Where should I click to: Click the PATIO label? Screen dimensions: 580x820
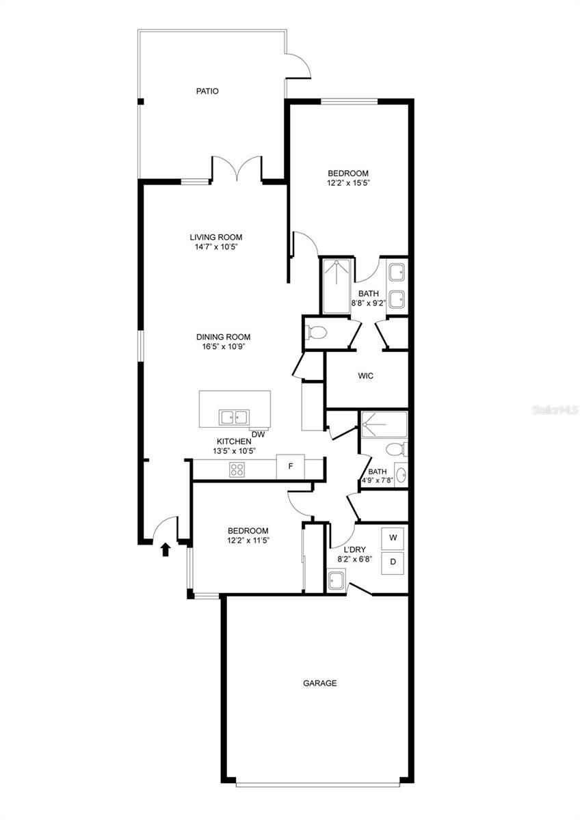(x=207, y=91)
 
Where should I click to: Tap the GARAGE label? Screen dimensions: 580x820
(x=319, y=683)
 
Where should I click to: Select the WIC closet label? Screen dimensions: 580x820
(x=366, y=376)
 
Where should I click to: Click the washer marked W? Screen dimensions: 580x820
(x=393, y=538)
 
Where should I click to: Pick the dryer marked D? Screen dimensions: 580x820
(x=393, y=563)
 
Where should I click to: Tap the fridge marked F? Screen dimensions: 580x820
(x=290, y=466)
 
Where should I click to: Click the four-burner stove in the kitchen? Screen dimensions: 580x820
(x=237, y=469)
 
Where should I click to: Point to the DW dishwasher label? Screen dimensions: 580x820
(x=259, y=435)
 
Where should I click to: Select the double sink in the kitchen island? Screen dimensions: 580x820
(x=234, y=418)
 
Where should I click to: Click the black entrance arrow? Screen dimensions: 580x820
(x=166, y=549)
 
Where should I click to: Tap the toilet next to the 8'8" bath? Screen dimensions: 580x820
(x=316, y=332)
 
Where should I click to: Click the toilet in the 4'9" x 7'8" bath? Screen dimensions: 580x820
(x=397, y=449)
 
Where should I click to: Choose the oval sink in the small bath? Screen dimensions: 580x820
(x=401, y=475)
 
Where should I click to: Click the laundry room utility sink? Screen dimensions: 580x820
(x=337, y=579)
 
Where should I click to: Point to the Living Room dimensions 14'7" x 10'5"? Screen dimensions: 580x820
(x=216, y=247)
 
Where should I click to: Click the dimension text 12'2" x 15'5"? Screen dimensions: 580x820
(x=347, y=182)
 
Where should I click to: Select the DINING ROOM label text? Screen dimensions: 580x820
(x=223, y=337)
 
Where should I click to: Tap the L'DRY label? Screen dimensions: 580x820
(x=354, y=549)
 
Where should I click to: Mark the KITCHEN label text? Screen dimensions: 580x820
(x=234, y=441)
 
